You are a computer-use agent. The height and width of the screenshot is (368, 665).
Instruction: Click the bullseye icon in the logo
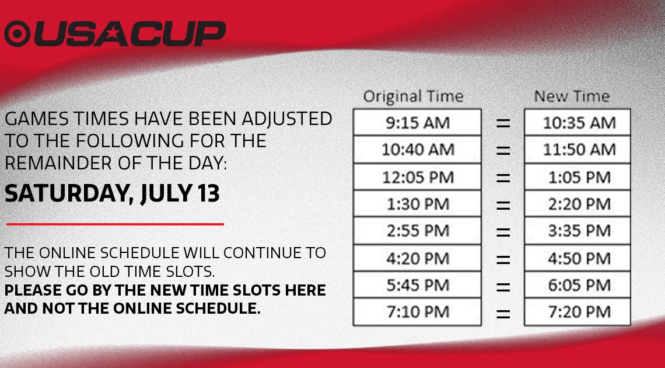(x=17, y=33)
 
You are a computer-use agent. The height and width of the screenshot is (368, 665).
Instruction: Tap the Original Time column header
(x=413, y=96)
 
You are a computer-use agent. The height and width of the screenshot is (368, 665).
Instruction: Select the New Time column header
(x=572, y=96)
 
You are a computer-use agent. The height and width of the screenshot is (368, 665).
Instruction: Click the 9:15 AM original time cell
(x=417, y=122)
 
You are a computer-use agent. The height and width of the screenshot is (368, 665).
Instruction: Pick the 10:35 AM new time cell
(x=577, y=122)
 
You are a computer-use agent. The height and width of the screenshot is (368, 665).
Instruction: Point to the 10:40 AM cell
(x=417, y=150)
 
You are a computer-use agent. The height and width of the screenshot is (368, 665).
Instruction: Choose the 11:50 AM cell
(x=577, y=150)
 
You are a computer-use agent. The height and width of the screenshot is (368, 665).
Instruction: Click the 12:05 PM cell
(x=417, y=176)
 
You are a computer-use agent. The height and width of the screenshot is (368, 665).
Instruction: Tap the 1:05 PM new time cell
(x=577, y=176)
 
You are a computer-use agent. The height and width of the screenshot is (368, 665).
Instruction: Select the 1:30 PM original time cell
(x=417, y=204)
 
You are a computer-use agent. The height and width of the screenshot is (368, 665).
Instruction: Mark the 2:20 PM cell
(x=577, y=204)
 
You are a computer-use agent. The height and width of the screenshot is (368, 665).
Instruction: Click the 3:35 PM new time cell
(x=577, y=231)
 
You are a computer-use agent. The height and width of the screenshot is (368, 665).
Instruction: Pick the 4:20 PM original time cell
(x=417, y=258)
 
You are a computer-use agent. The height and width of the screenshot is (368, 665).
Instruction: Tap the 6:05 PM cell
(x=577, y=285)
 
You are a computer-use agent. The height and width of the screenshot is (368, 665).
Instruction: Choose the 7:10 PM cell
(x=417, y=312)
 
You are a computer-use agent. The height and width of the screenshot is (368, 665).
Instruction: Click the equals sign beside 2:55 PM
(x=503, y=232)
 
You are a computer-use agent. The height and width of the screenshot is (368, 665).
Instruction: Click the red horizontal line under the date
(x=115, y=224)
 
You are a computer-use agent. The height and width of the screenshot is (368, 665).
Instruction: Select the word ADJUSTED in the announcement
(x=286, y=119)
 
